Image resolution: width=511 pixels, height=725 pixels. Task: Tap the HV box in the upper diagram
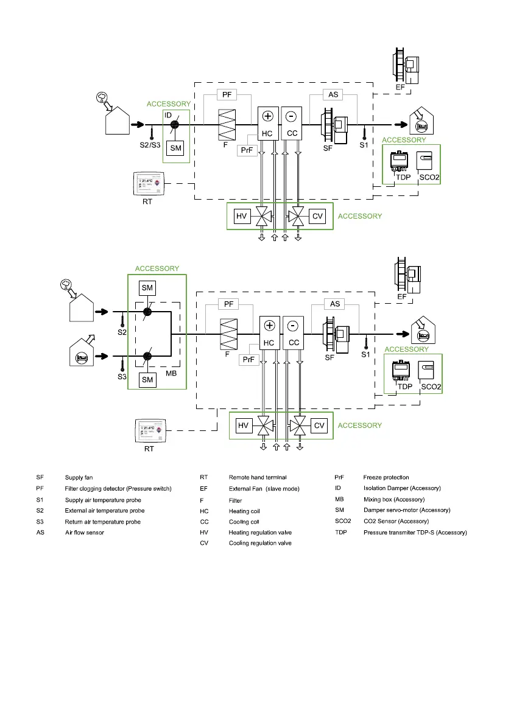point(242,215)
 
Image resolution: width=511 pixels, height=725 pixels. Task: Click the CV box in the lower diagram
point(319,426)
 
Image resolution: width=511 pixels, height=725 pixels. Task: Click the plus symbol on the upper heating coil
point(267,116)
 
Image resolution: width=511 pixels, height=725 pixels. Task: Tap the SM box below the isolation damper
point(175,148)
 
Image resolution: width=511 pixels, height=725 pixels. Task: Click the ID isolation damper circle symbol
point(174,124)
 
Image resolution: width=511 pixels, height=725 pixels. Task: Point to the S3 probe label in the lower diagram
point(122,377)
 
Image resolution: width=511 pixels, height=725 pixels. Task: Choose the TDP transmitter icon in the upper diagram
point(399,162)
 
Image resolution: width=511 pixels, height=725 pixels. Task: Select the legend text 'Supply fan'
point(80,477)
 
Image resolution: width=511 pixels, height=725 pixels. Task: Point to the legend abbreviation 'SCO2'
point(344,521)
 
